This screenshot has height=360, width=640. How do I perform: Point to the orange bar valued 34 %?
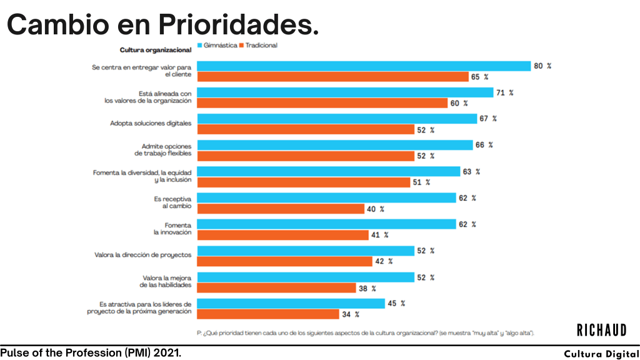point(268,314)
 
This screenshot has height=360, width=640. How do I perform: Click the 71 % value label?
point(504,92)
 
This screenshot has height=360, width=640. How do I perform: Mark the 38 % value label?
point(366,288)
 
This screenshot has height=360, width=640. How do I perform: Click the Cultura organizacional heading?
point(155,49)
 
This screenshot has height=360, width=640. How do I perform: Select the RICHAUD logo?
point(601,329)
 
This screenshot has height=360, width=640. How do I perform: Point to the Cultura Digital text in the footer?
point(601,354)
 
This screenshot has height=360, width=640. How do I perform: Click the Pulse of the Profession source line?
point(91,353)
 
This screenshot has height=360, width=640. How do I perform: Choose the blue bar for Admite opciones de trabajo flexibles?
point(335,145)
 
